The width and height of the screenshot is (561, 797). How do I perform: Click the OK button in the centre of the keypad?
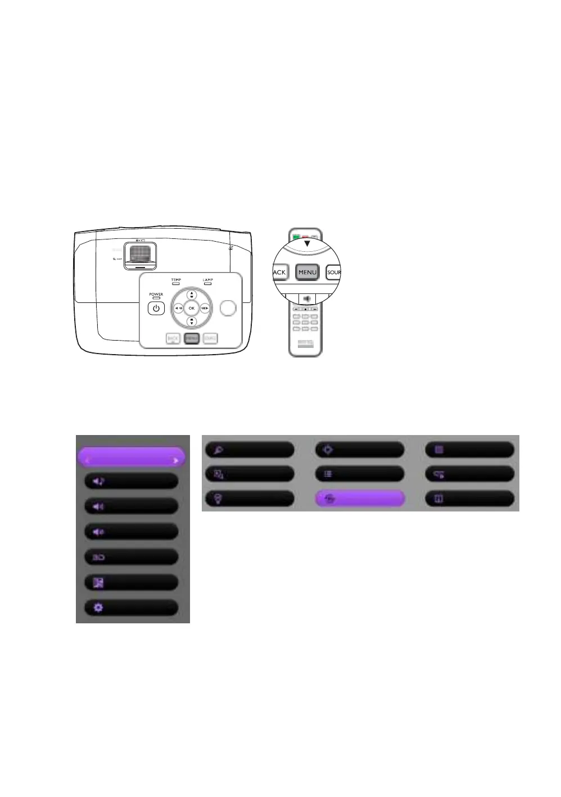[191, 308]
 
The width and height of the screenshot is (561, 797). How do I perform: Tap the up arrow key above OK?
[191, 295]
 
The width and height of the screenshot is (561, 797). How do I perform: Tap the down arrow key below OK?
[191, 321]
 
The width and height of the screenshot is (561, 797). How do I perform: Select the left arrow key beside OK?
[178, 308]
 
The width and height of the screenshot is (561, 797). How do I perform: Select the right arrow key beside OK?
[205, 308]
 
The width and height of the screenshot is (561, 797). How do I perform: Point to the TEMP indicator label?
[176, 280]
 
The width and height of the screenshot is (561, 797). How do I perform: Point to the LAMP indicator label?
[207, 280]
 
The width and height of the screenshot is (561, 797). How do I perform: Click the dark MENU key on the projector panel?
[191, 338]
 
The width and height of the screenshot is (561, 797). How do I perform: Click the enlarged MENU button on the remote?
[307, 272]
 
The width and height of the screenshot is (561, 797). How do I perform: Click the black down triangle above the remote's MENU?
[307, 243]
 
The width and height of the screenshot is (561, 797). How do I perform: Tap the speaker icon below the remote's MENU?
[307, 299]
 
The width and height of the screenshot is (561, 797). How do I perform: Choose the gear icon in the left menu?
[98, 608]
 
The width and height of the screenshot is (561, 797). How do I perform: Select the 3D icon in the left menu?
[98, 557]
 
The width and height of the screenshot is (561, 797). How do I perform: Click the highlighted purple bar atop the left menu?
[131, 458]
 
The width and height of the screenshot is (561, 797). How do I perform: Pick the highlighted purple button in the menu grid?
[359, 499]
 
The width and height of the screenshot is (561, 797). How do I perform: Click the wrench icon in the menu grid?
[218, 450]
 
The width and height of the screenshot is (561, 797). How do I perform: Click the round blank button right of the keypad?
[228, 308]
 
